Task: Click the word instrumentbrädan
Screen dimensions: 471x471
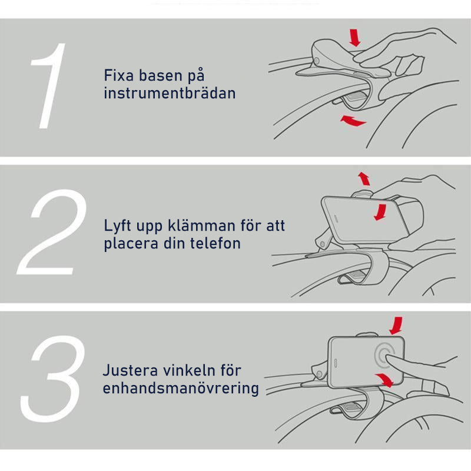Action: (170, 93)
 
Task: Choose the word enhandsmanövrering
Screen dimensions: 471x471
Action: (181, 389)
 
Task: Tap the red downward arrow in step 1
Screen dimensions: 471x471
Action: (355, 38)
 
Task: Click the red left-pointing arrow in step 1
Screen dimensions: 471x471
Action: (353, 121)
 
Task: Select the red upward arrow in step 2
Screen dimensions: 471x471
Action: (364, 178)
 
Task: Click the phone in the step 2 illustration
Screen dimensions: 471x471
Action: (353, 217)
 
